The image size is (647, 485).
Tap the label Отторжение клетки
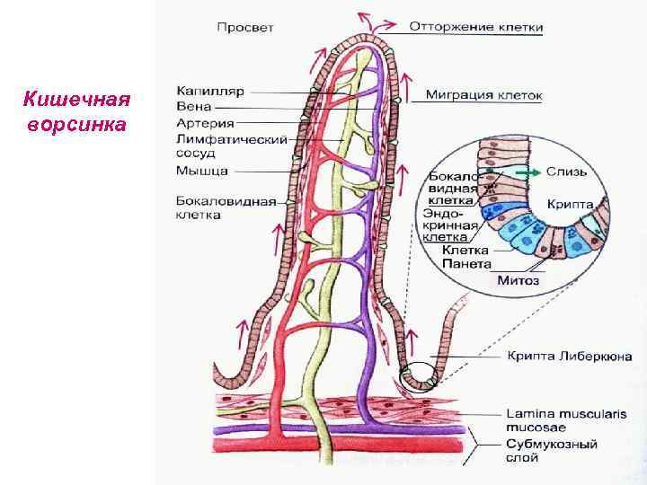point(476,27)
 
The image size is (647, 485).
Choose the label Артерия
point(205,124)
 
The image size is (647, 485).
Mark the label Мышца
point(202,171)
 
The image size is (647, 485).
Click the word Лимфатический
point(232,139)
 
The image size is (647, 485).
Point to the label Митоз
point(518,281)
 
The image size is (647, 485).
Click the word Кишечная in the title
point(77,98)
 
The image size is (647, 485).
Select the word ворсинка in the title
point(77,123)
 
